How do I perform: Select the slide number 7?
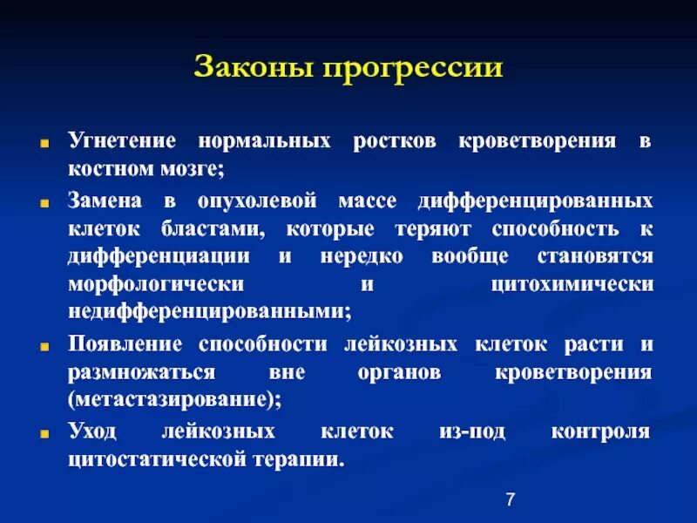click(x=511, y=499)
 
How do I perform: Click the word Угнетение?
click(x=121, y=140)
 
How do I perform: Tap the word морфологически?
click(x=156, y=285)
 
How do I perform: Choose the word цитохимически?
click(x=572, y=285)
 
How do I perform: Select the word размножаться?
click(x=141, y=372)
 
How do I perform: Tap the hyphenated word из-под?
click(x=472, y=432)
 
